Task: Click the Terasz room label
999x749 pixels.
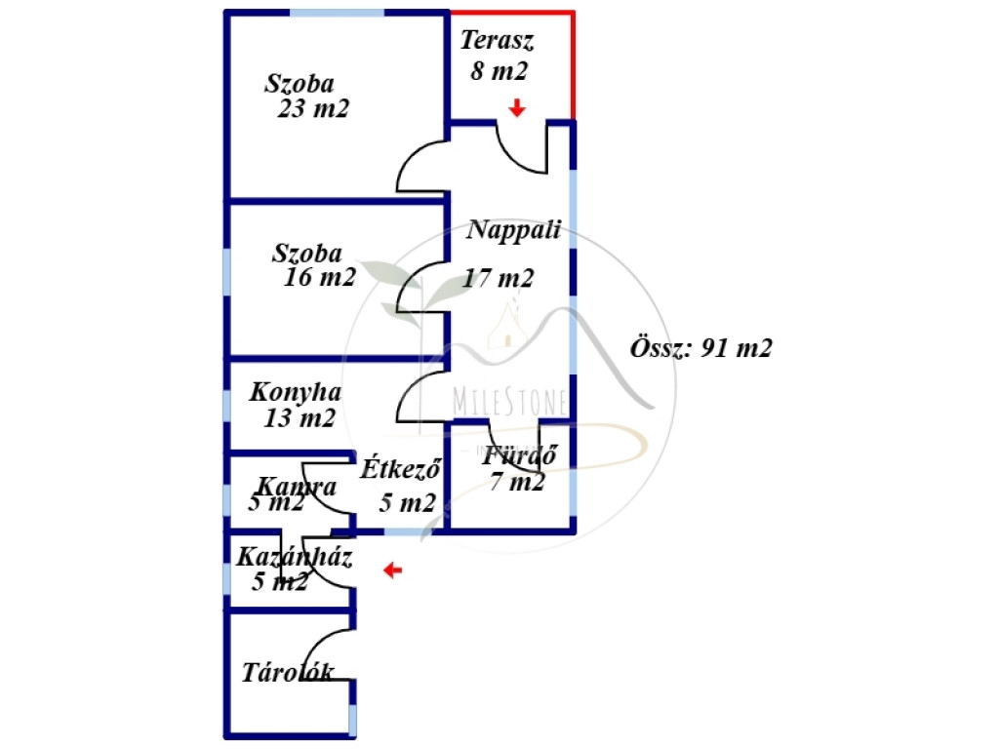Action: pos(498,41)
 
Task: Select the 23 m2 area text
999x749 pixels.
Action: pos(313,109)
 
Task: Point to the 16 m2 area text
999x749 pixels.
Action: pos(320,278)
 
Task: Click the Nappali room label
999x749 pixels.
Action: pos(514,230)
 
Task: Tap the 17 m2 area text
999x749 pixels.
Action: pos(499,278)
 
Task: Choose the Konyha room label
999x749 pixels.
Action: pos(296,393)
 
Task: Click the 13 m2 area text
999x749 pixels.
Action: pos(300,419)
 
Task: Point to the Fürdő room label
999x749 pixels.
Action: pos(520,454)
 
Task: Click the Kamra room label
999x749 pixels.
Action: pos(297,486)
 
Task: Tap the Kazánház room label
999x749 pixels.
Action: pos(295,559)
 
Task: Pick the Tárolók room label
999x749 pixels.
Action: pos(288,672)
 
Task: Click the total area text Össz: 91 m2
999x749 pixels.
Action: pos(702,348)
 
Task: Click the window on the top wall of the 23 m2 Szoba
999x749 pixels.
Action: pos(337,13)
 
